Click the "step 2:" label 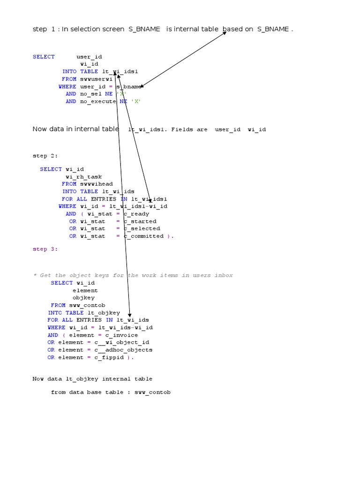[45, 156]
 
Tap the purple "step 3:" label [45, 249]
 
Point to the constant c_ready [136, 214]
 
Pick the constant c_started [140, 221]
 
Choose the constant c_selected [142, 229]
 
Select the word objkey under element [83, 298]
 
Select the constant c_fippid [109, 357]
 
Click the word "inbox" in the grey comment [223, 275]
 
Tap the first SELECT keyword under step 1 [44, 57]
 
